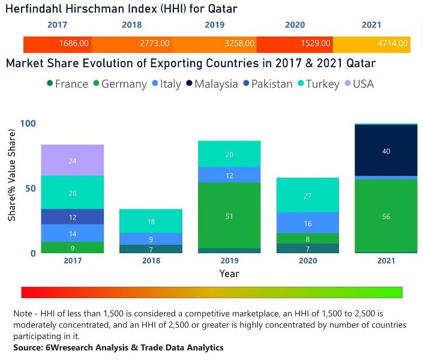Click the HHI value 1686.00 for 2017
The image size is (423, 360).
74,44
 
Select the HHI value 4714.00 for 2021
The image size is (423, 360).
392,44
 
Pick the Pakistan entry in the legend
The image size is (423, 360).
268,84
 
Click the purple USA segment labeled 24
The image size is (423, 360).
73,160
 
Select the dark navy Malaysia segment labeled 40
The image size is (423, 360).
386,151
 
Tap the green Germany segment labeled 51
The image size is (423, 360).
229,215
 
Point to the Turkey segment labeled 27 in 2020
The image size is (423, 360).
307,195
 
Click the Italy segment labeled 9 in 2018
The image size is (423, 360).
151,239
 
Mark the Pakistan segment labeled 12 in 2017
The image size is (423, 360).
73,217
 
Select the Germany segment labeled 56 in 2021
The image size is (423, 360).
386,216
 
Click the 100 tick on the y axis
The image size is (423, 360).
28,124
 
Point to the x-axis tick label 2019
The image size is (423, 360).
229,261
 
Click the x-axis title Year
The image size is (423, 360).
229,274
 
